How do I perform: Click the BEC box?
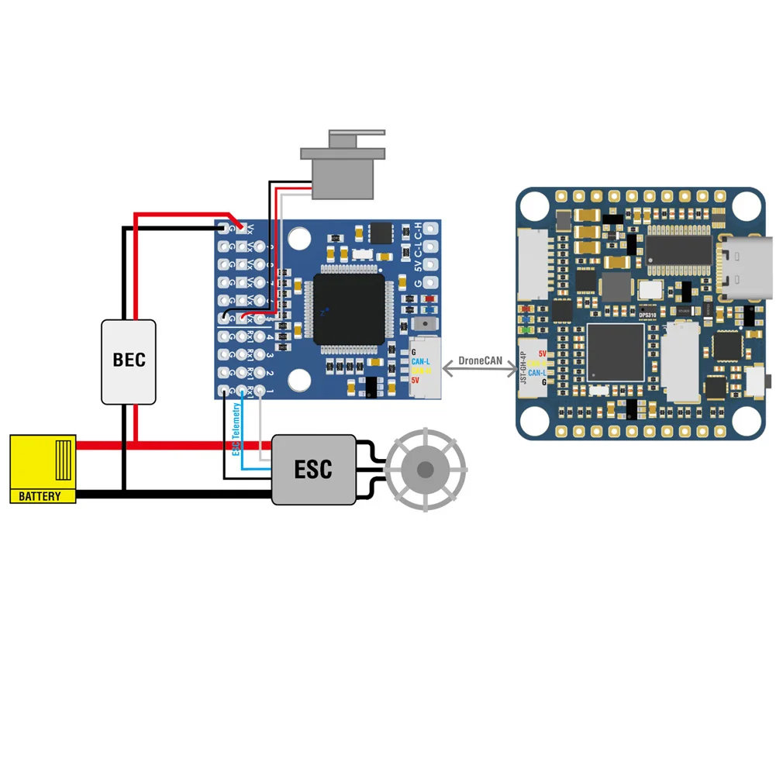(x=129, y=360)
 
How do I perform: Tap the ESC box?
(x=313, y=469)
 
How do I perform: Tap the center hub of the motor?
(x=426, y=470)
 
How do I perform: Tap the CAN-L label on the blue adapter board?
(x=421, y=361)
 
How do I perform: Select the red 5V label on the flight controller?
(x=542, y=354)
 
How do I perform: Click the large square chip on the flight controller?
(x=616, y=352)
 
